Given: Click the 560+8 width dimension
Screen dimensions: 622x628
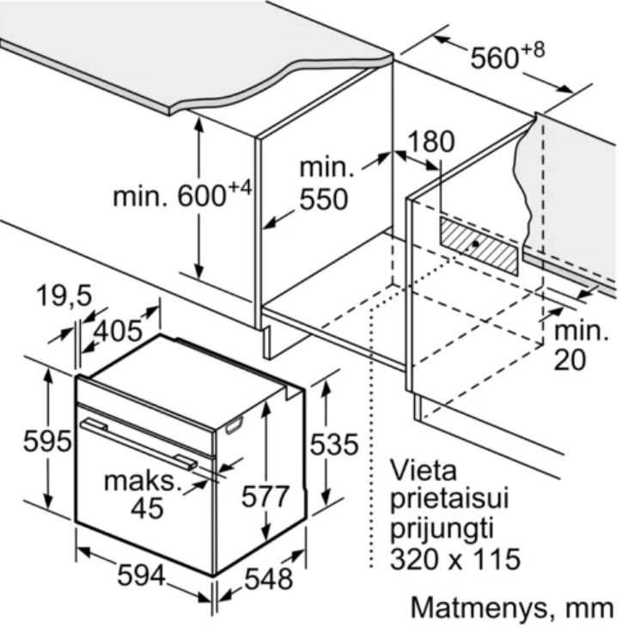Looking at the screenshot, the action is tap(508, 56).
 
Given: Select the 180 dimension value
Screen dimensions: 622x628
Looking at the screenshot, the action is tap(431, 142).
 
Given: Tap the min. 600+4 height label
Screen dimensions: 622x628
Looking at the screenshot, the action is tap(182, 194).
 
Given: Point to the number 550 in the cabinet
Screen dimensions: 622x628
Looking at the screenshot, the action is tap(324, 199).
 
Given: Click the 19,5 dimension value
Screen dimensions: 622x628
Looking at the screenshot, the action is tap(64, 296).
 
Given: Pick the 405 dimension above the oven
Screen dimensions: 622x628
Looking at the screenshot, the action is tap(118, 332).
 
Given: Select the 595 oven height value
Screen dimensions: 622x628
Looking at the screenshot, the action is tap(47, 442).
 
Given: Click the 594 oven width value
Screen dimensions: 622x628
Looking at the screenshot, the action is tap(142, 575).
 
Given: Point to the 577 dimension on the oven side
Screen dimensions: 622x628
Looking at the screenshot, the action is tap(265, 497).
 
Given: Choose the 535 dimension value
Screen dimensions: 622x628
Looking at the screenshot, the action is tap(334, 444).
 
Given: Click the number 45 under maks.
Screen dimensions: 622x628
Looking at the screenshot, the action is tap(148, 509).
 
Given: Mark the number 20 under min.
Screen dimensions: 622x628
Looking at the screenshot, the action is tap(570, 359).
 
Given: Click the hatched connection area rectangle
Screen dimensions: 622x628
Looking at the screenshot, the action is tap(479, 246).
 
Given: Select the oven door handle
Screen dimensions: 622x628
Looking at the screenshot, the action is tap(138, 443).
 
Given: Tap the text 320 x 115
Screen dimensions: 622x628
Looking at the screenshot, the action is tap(455, 558).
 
